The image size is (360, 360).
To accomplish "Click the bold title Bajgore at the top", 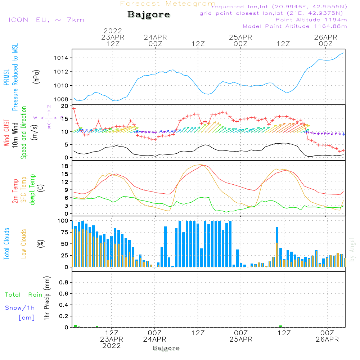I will (149, 15).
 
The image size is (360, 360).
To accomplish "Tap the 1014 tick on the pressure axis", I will (63, 58).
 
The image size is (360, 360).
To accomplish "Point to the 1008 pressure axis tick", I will (63, 99).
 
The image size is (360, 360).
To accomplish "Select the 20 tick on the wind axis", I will (65, 106).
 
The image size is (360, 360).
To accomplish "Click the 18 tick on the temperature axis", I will (65, 166).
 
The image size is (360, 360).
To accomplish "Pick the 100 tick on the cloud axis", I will (63, 221).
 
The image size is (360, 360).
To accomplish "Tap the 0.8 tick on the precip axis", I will (64, 283).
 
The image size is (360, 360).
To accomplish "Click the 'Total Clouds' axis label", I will (6, 244).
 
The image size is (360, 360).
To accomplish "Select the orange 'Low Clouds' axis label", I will (24, 244).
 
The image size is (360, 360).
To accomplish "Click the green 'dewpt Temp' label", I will (32, 190).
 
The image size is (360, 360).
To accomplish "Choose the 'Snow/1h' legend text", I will (20, 308).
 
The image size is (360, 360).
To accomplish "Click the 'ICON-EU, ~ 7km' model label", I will (46, 20).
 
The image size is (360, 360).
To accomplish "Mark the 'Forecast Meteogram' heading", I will (167, 4).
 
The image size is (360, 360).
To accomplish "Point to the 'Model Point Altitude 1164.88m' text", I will (295, 26).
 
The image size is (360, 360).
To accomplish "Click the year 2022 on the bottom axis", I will (112, 346).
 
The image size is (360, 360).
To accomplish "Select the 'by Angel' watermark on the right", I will (352, 249).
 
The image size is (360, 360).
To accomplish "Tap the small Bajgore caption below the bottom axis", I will (166, 348).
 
